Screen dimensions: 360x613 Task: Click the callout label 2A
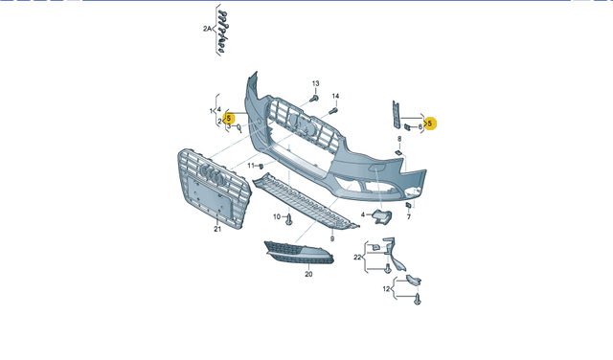click(x=206, y=30)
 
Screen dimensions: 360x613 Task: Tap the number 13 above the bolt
click(x=314, y=85)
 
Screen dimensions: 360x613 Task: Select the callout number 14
click(x=335, y=97)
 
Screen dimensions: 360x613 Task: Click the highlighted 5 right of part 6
click(x=430, y=123)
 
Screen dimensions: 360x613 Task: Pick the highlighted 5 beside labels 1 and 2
click(x=229, y=119)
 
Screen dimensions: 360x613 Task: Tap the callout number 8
click(x=398, y=140)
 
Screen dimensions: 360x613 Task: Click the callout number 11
click(x=252, y=166)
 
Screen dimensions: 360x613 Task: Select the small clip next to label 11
click(x=263, y=167)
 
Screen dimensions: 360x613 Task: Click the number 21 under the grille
click(x=216, y=229)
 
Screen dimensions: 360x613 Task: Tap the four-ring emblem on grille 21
click(x=212, y=177)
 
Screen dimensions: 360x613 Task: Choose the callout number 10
click(x=278, y=217)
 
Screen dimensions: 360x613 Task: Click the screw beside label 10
click(x=289, y=218)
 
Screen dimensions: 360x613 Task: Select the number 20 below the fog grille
click(x=308, y=274)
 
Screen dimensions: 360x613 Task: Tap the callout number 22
click(x=357, y=257)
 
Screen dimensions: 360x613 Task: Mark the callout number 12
click(x=386, y=288)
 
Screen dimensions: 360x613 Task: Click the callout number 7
click(x=408, y=217)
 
